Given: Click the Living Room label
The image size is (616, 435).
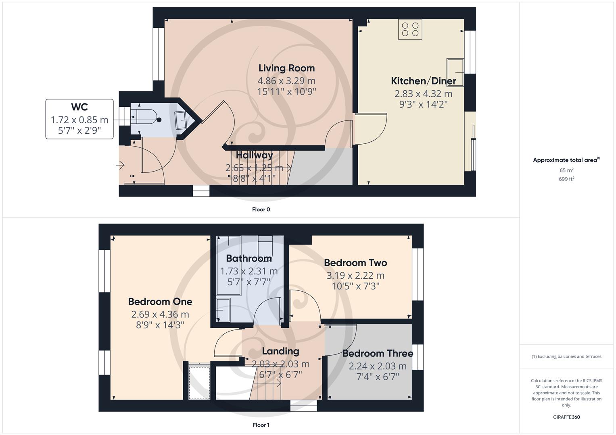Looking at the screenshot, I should (x=286, y=68).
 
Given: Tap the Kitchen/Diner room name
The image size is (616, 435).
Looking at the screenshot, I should (x=423, y=81).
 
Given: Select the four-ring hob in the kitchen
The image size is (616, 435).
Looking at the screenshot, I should (x=410, y=29).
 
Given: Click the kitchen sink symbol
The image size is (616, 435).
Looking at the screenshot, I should (x=455, y=72).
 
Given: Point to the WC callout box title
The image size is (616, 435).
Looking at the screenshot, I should (x=79, y=107).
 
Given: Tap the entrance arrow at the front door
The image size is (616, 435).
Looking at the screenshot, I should (x=120, y=165).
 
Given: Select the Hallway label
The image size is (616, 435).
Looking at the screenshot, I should (x=254, y=155).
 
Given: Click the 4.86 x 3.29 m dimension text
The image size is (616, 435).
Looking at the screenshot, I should (x=286, y=81).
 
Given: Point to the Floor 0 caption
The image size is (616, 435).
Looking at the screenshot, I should (x=261, y=209).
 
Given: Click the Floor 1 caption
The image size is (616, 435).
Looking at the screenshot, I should (x=261, y=425).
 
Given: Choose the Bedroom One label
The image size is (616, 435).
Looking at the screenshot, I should (x=160, y=301).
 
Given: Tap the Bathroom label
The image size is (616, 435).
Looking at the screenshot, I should (x=248, y=258).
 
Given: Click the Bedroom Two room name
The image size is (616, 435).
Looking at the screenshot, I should (x=355, y=263).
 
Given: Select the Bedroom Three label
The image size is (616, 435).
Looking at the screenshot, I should (x=378, y=353).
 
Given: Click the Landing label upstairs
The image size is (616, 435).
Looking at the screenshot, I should (x=280, y=351).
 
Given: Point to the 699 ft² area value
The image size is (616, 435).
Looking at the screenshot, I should (x=566, y=179).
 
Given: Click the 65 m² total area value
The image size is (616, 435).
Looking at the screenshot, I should (x=566, y=170).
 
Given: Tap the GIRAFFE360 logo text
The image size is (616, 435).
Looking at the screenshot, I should (x=566, y=417).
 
